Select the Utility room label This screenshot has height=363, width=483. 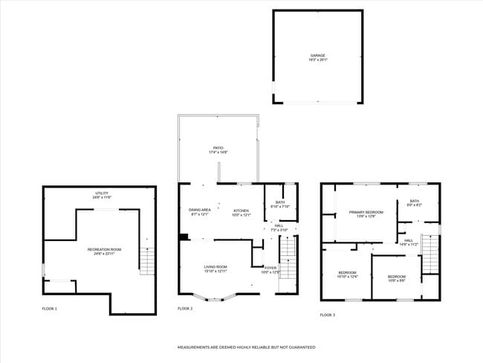click(101, 195)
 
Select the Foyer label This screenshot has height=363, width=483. click(270, 269)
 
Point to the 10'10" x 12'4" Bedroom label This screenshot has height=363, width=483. click(348, 274)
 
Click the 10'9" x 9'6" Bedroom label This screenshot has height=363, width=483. click(396, 279)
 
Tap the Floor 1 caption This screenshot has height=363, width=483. click(49, 309)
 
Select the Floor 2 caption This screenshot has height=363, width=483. click(185, 309)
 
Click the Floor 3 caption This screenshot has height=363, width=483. click(328, 315)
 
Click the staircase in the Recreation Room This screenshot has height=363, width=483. click(149, 262)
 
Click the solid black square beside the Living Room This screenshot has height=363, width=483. click(184, 238)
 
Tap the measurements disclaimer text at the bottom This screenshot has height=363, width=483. click(245, 347)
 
